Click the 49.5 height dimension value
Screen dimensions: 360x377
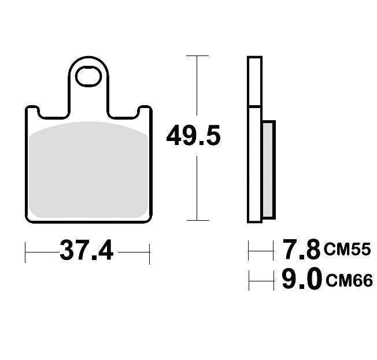193,137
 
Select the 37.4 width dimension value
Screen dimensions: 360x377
87,251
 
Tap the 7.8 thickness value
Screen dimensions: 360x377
300,250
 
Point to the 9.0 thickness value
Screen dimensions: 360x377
301,280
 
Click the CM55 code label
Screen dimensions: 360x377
346,250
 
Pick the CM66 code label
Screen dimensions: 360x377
349,281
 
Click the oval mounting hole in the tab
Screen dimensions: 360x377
90,76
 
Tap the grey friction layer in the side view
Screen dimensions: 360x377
269,170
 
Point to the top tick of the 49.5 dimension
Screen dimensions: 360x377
197,56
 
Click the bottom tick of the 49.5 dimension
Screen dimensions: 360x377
197,220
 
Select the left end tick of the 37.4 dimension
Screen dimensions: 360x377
26,253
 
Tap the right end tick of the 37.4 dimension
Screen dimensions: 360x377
150,253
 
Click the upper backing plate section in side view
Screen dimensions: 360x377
254,81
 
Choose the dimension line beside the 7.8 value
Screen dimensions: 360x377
261,251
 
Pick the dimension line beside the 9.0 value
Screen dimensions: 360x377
261,281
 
